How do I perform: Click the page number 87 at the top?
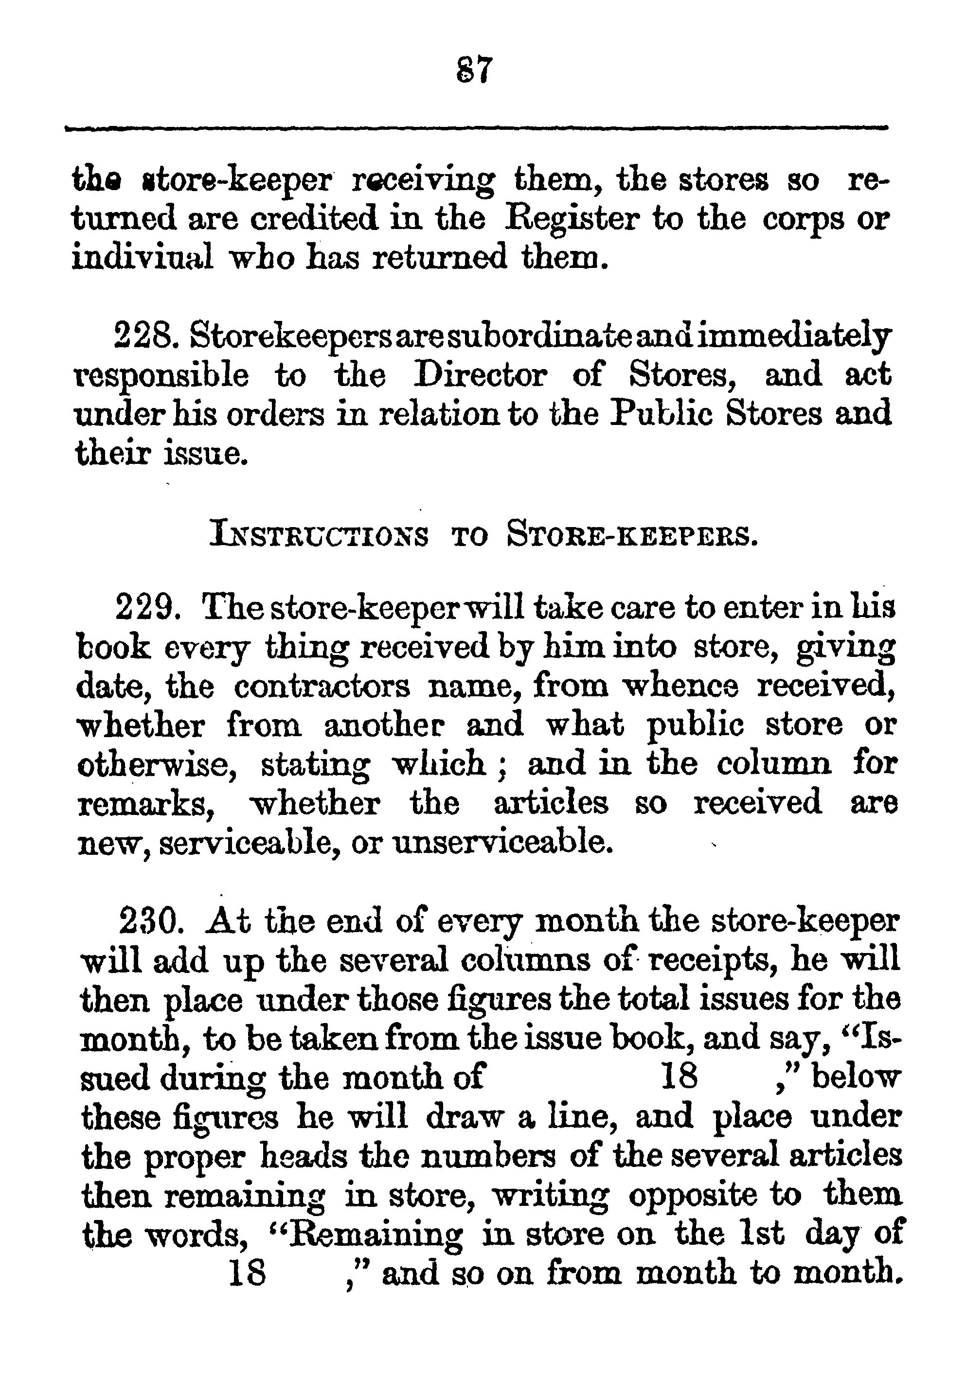[x=475, y=70]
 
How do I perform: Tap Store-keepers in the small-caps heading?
[x=631, y=535]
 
